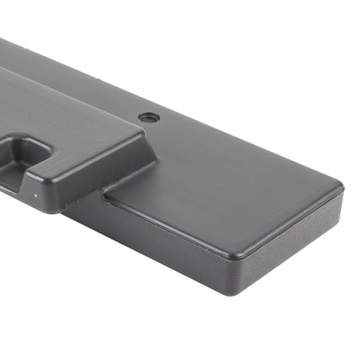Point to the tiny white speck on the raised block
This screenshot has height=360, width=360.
pos(35,195)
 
